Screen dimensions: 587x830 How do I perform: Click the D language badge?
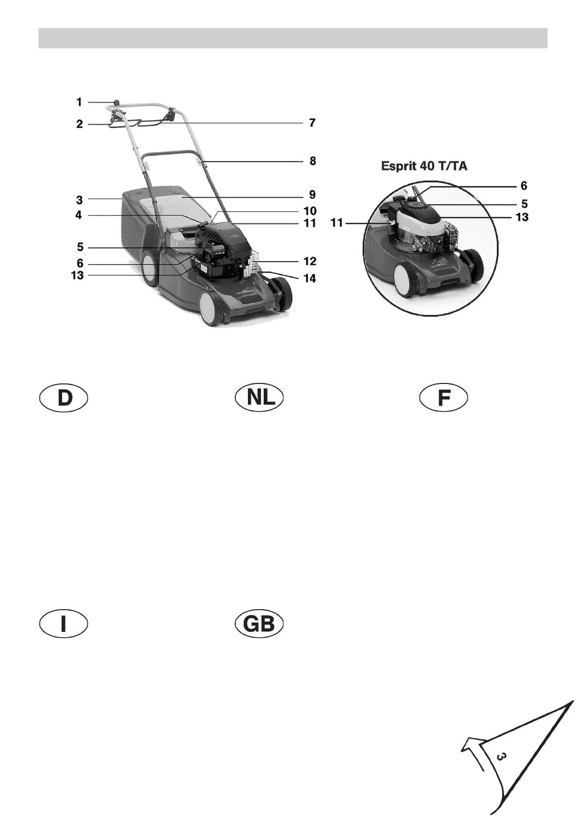[64, 399]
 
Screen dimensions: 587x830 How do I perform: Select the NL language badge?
[259, 398]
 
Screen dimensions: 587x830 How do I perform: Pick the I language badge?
[64, 624]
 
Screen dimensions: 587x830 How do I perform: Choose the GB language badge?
[259, 624]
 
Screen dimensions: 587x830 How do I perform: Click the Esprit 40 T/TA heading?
[424, 167]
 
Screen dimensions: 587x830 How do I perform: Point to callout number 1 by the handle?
[79, 102]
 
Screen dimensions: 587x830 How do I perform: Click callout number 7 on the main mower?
[312, 123]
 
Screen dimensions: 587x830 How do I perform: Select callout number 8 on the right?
[312, 161]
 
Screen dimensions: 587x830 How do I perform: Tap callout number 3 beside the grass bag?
[79, 200]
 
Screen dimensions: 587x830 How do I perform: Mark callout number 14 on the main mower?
[310, 278]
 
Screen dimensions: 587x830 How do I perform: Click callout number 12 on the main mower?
[310, 261]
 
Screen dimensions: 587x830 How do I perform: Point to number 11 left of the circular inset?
[337, 223]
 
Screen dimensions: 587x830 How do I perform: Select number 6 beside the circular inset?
[523, 186]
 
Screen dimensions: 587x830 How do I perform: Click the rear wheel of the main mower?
[149, 268]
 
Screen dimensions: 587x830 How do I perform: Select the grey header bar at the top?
[293, 38]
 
